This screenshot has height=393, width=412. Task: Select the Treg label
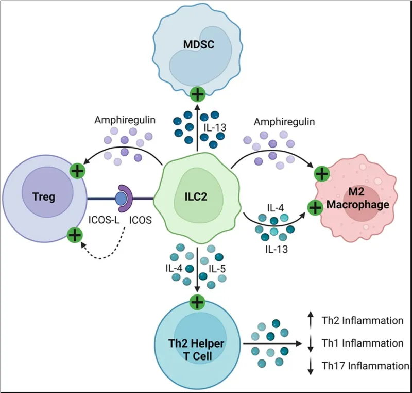44,196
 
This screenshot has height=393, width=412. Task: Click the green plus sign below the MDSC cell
198,94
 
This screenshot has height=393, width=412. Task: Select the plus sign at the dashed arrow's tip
75,236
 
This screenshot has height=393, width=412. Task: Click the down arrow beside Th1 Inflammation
310,343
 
